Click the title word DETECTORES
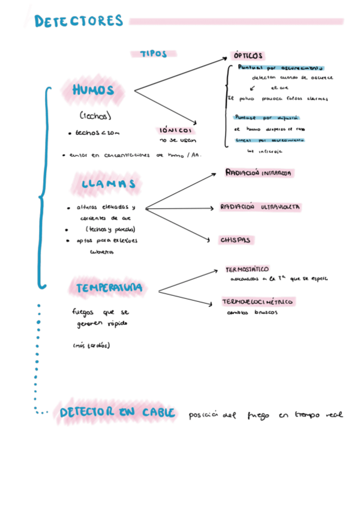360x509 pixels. click(79, 22)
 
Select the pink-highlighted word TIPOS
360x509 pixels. click(154, 53)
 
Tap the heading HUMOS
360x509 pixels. click(93, 91)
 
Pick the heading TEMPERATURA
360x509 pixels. click(109, 288)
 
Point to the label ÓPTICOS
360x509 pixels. click(248, 55)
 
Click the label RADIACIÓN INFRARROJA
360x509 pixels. click(259, 173)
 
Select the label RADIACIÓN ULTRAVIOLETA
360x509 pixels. click(260, 207)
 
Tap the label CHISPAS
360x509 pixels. click(235, 239)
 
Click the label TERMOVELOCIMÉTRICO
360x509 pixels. click(257, 301)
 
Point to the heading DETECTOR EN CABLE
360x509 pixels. click(118, 412)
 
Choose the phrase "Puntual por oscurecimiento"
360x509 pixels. click(280, 68)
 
